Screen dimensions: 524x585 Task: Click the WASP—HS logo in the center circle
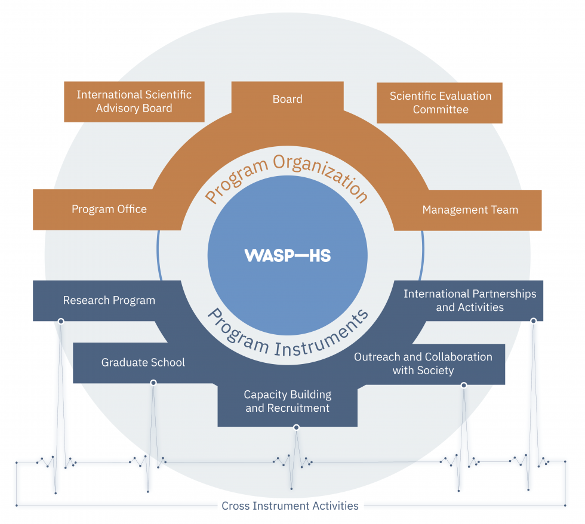pos(287,255)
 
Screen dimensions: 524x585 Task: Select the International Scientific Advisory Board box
pos(134,101)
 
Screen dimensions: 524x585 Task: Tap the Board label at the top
pos(287,99)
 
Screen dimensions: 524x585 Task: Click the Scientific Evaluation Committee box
pos(440,103)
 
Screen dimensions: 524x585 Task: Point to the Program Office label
pos(109,209)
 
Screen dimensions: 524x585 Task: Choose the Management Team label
pos(470,209)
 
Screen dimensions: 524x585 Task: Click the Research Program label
pos(109,300)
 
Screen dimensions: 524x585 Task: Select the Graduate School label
pos(143,362)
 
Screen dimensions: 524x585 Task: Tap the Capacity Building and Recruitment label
pos(287,402)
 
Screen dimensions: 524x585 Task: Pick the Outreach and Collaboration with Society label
pos(423,363)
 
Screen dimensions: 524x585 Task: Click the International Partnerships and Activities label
pos(470,301)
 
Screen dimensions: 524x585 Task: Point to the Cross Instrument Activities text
pos(290,506)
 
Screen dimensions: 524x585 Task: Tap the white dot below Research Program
pos(60,321)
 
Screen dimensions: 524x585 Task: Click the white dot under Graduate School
pos(153,383)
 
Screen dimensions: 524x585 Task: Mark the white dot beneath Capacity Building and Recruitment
pos(296,427)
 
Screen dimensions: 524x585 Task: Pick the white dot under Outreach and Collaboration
pos(464,386)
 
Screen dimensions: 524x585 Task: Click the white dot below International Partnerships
pos(533,321)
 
